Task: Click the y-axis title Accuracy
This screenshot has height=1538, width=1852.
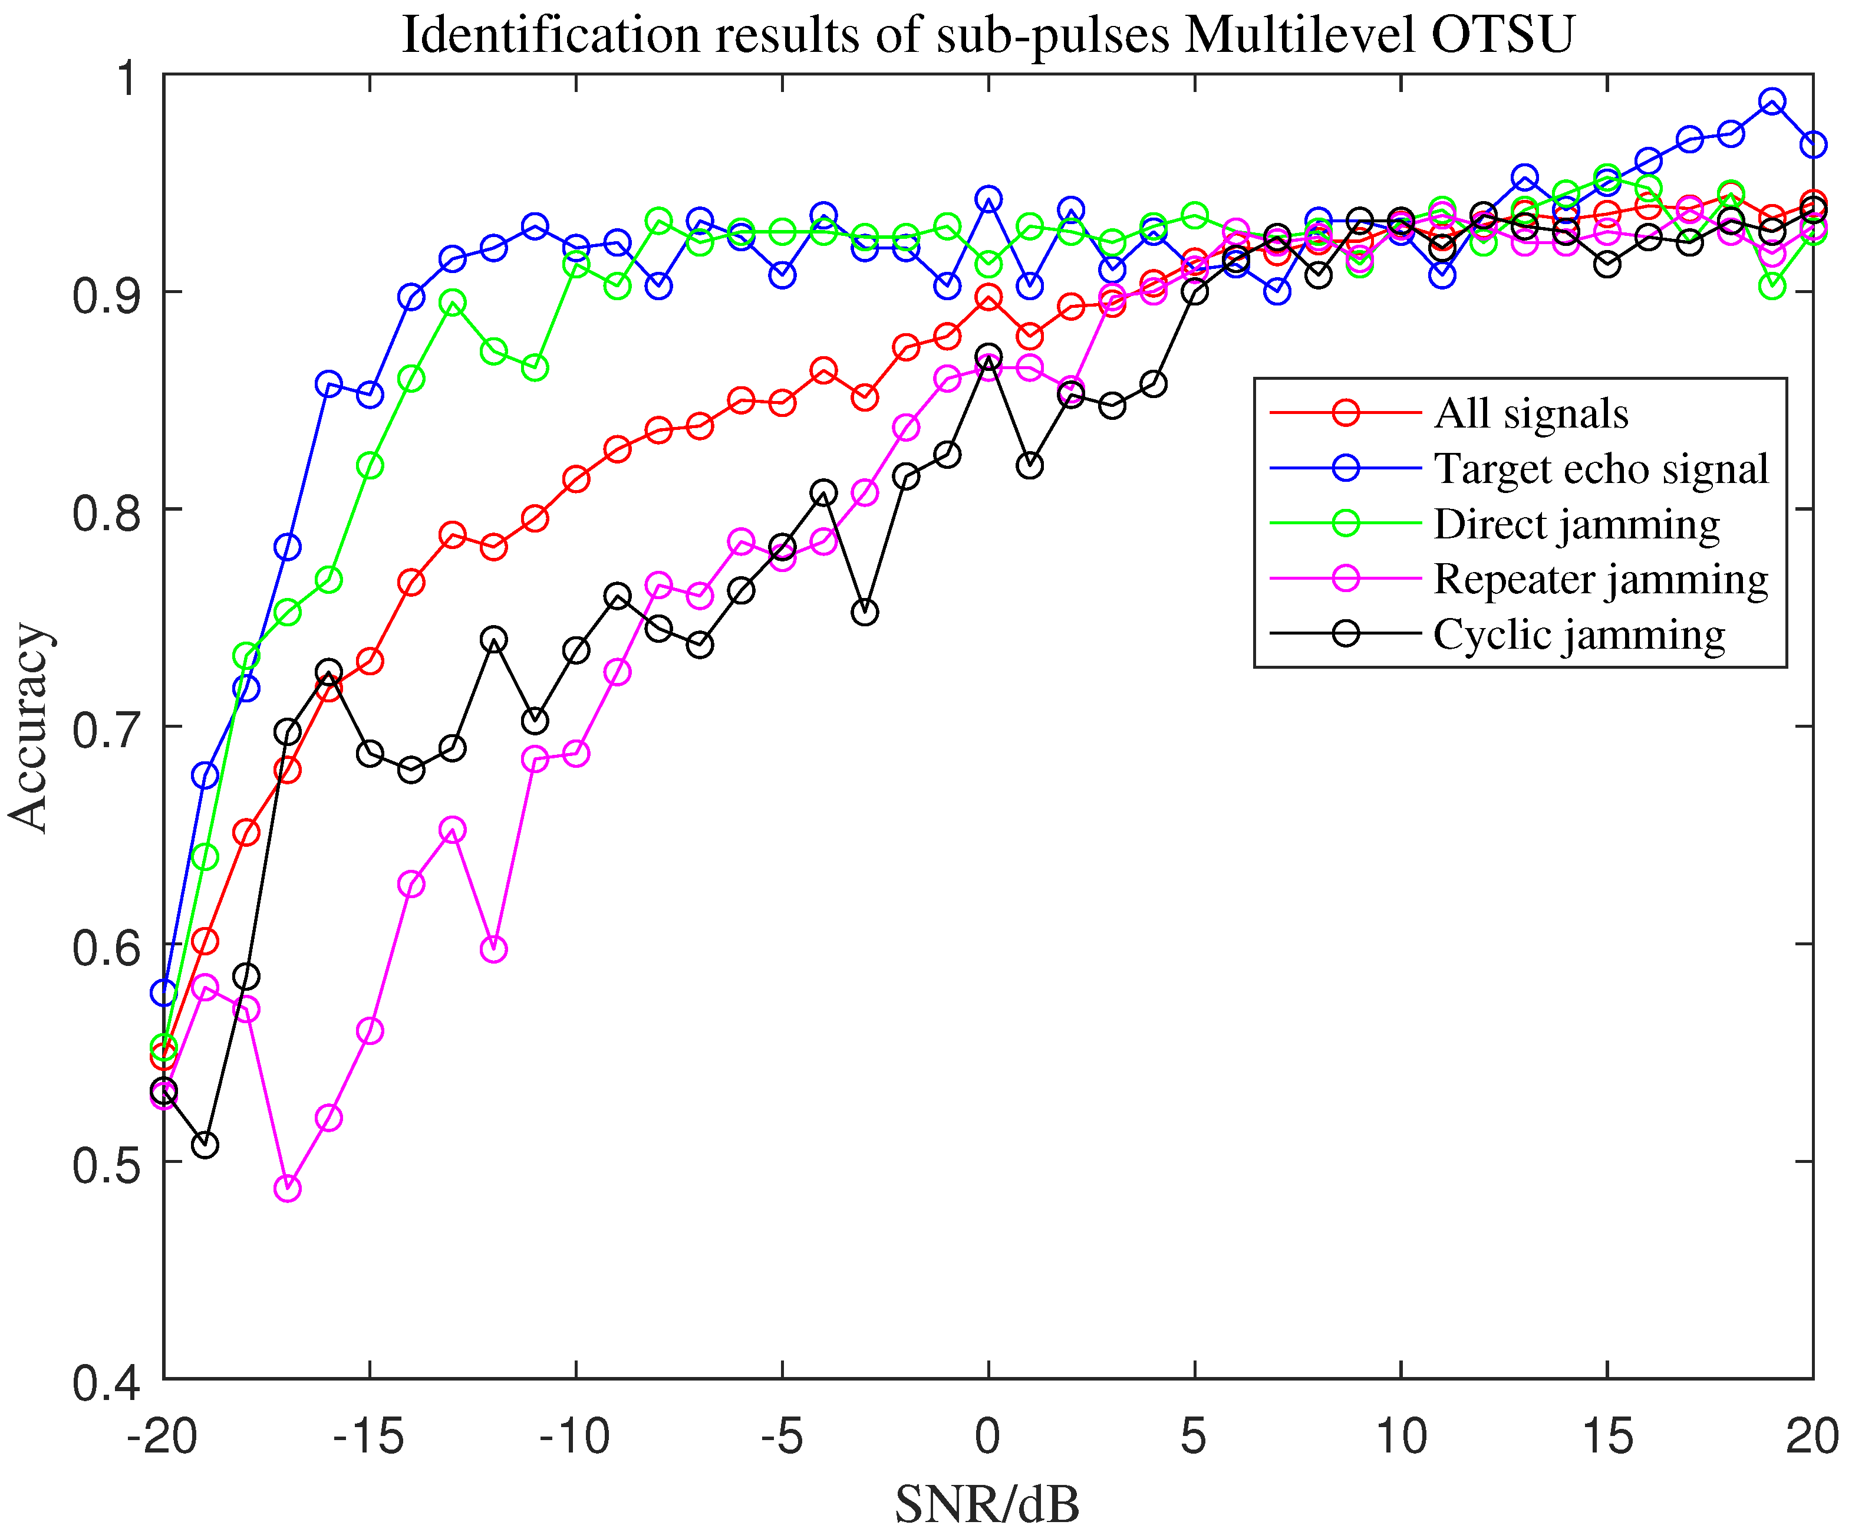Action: pos(28,728)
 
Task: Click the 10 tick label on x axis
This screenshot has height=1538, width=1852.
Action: pos(1400,1437)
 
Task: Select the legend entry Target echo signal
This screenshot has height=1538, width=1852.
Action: pos(1601,469)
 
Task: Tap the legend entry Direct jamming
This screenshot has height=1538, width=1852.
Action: pos(1576,524)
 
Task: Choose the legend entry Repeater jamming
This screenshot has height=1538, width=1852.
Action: pos(1601,579)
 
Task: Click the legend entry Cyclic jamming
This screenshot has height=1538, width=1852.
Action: pos(1579,635)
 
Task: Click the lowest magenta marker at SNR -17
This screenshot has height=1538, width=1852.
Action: pos(288,1188)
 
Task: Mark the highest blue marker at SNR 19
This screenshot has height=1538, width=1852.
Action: pos(1772,101)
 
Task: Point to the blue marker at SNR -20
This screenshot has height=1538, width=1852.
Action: pos(164,993)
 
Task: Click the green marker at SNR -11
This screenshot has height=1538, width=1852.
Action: pos(535,368)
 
